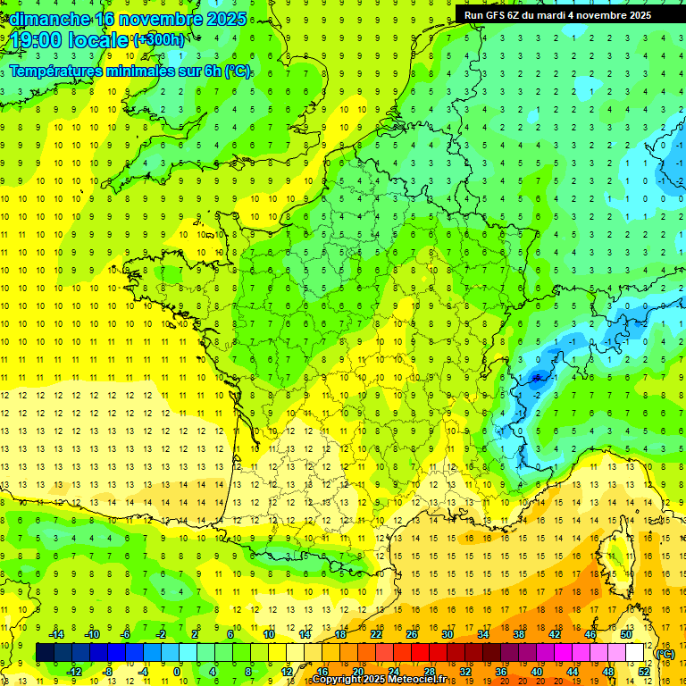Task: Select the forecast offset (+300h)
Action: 160,40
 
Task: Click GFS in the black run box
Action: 498,15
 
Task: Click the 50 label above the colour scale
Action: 626,633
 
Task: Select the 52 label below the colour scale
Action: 644,672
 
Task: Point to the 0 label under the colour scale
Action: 177,672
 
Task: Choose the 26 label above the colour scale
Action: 412,633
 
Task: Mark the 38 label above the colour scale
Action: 519,633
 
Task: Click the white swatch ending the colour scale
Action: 635,653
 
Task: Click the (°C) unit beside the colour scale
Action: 665,653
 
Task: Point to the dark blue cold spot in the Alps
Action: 537,377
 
